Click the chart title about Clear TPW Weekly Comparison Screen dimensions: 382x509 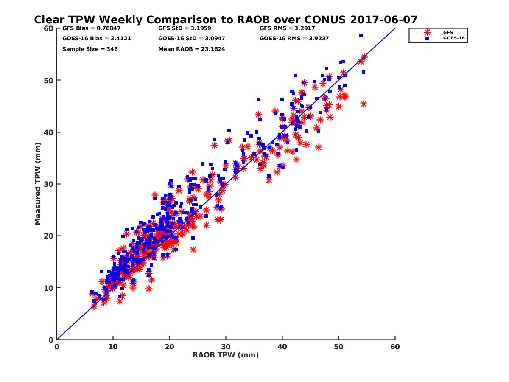click(x=226, y=20)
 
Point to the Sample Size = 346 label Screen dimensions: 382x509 click(x=90, y=49)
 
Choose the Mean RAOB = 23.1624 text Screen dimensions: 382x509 click(x=191, y=49)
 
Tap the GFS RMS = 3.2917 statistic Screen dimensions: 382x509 click(x=287, y=28)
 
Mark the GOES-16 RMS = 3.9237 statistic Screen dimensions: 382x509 click(x=294, y=39)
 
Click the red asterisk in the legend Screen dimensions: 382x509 click(x=427, y=32)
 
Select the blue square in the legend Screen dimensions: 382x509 click(x=427, y=38)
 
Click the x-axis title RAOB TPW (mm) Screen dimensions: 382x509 click(x=226, y=355)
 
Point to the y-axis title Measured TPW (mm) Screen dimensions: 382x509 click(x=38, y=184)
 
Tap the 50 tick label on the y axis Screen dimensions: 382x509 click(x=48, y=80)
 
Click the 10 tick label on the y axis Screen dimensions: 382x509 click(x=48, y=288)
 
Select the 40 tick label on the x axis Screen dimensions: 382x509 click(x=282, y=347)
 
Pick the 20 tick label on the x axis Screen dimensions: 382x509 click(x=169, y=347)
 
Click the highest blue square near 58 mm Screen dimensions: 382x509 click(x=361, y=36)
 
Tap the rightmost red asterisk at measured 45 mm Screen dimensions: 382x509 click(x=363, y=104)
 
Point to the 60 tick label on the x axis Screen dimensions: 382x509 click(x=395, y=347)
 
